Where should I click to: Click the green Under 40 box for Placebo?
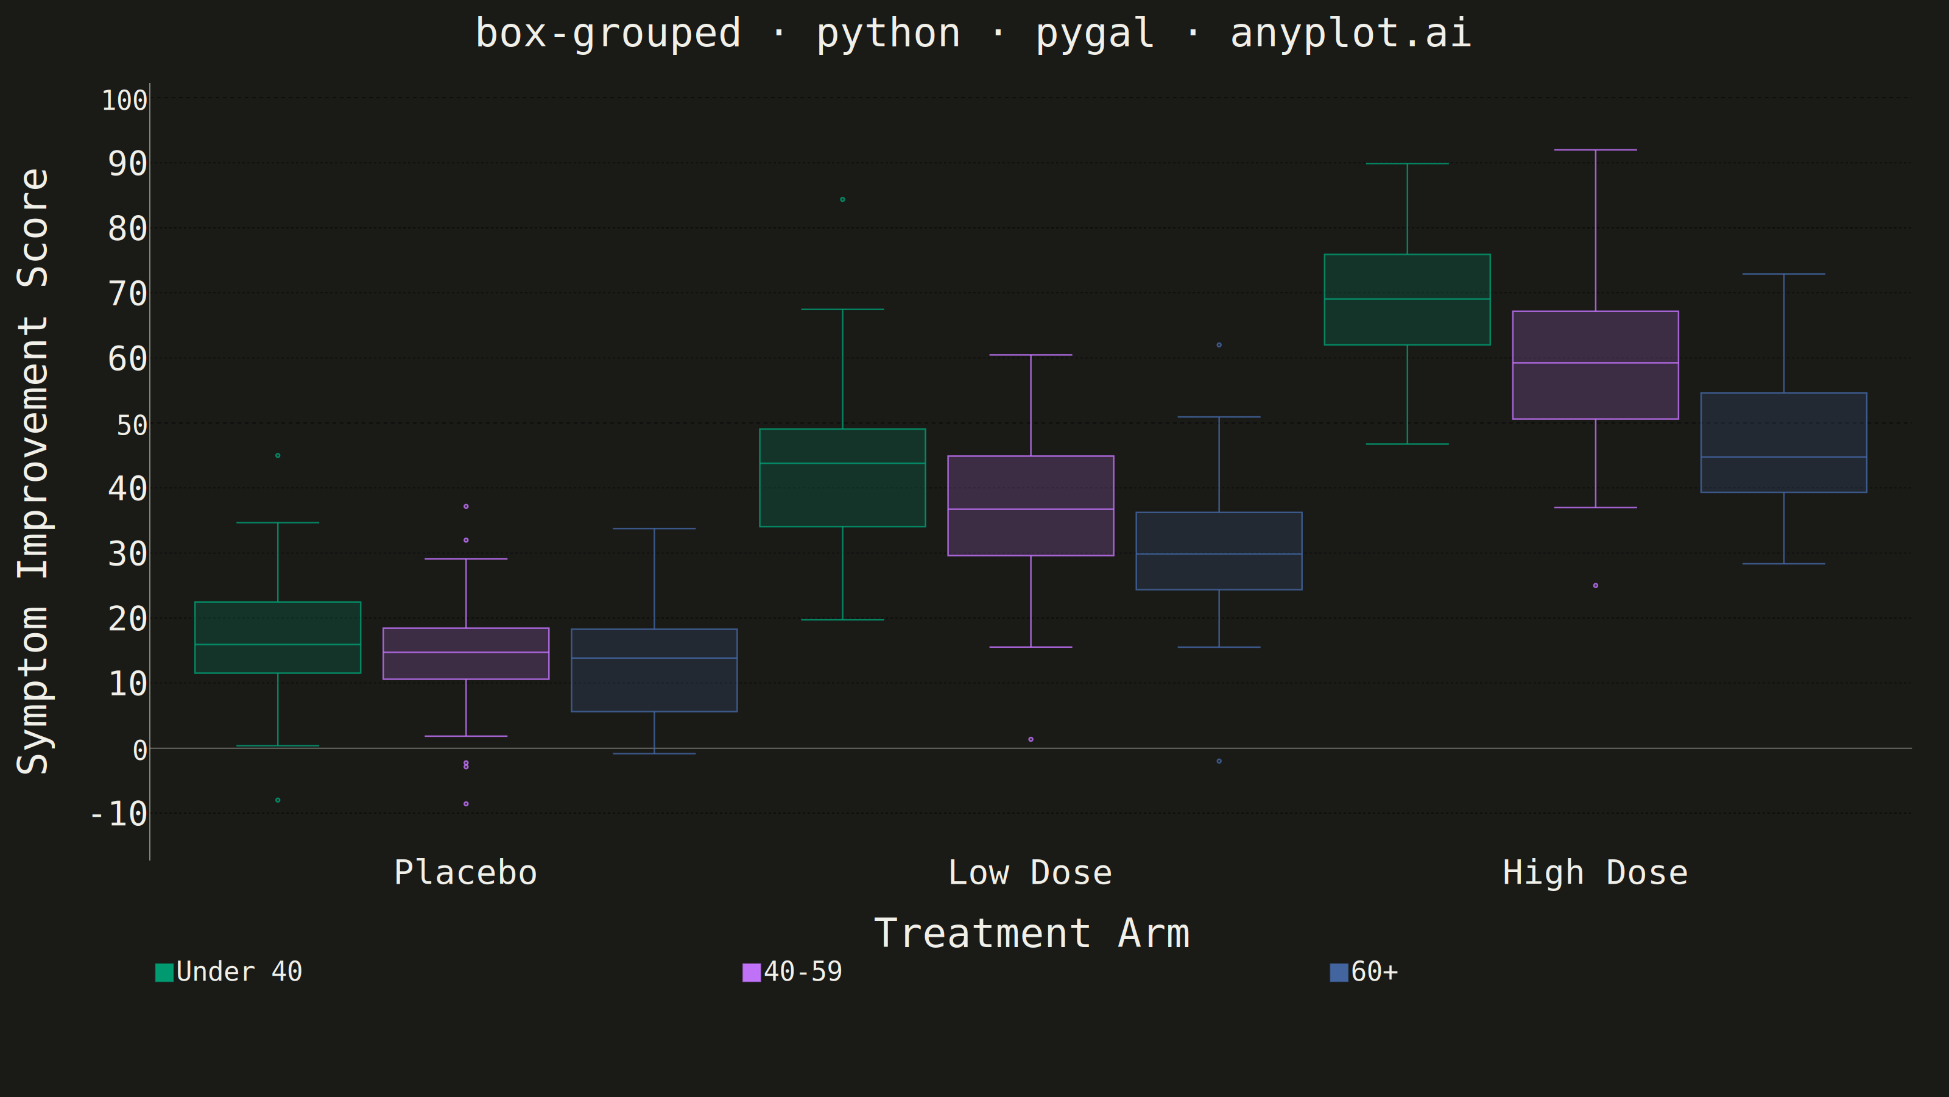point(278,637)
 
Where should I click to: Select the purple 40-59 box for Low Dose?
point(1031,506)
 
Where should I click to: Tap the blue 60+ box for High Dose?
point(1783,443)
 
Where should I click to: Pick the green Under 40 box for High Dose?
point(1408,300)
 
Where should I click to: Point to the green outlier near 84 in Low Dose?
point(843,200)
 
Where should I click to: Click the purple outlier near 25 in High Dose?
point(1596,585)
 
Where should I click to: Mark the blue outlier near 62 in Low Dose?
point(1219,345)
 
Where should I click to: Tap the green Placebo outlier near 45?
point(278,456)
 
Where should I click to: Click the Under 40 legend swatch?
point(164,972)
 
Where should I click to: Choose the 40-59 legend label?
point(803,972)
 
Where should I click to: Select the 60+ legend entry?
point(1364,972)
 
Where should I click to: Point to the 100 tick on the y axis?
point(125,100)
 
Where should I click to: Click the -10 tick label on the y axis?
point(119,815)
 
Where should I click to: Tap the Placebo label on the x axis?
point(466,873)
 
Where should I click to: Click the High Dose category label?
point(1595,873)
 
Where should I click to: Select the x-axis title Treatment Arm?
point(1032,934)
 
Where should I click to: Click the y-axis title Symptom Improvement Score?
point(33,471)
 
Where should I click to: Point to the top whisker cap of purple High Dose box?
point(1596,150)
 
